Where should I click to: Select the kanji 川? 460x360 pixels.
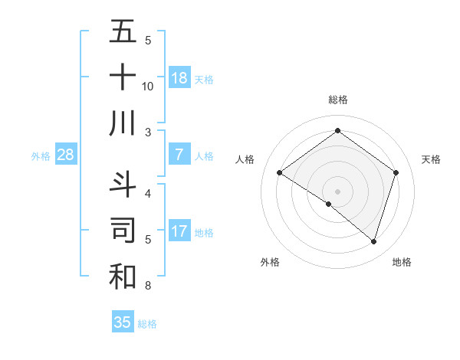[x=123, y=123]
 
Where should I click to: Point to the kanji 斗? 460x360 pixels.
[x=123, y=184]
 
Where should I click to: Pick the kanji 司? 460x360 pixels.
[x=123, y=231]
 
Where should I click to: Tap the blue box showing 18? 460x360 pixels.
[x=179, y=78]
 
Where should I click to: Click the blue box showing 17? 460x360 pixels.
[x=179, y=232]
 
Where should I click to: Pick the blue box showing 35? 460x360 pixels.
[x=123, y=322]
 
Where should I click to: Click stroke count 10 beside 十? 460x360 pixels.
[x=148, y=87]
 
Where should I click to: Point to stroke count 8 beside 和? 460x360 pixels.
[x=148, y=286]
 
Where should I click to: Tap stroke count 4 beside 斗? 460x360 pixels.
[x=148, y=193]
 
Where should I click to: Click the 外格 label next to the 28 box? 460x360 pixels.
[x=41, y=156]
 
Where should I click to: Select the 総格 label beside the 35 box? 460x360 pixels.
[x=147, y=324]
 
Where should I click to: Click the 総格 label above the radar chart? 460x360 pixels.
[x=337, y=100]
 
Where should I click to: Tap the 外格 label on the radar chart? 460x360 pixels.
[x=270, y=262]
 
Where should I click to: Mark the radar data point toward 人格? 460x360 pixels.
[x=280, y=173]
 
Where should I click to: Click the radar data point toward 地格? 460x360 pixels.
[x=373, y=241]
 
